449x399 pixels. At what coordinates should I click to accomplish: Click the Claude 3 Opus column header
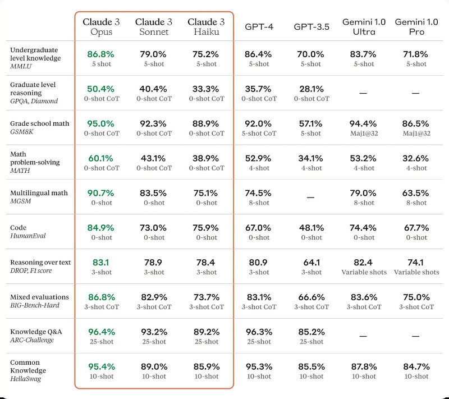101,27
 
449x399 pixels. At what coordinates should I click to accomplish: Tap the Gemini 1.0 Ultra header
364,27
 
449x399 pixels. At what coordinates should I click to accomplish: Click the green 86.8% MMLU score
101,54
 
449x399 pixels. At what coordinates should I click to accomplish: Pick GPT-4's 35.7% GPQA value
259,89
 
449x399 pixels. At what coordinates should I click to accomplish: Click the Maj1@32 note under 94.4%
364,133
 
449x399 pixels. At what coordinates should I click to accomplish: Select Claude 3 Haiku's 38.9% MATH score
206,158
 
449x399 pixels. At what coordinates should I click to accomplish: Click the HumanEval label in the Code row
28,236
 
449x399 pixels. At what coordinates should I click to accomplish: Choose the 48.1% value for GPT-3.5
311,228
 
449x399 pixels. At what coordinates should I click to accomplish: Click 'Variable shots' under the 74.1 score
416,272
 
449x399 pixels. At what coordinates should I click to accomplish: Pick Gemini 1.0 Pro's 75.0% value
416,297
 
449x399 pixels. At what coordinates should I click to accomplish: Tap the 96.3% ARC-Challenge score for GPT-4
259,332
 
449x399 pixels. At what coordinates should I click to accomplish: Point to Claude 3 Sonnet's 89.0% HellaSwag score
153,366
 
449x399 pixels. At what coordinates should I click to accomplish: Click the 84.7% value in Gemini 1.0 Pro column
416,366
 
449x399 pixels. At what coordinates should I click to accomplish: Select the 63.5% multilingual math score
416,193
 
